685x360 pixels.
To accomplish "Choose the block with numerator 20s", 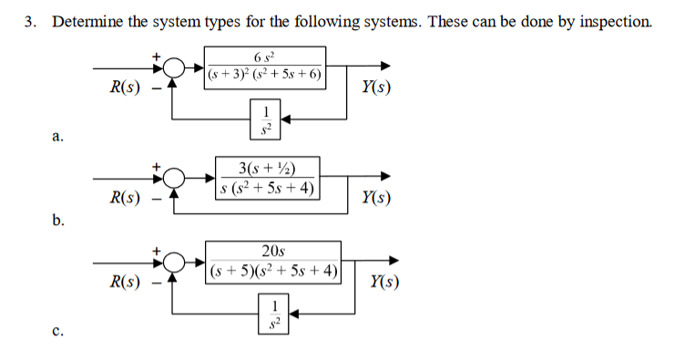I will (273, 262).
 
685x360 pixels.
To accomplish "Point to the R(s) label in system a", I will (124, 87).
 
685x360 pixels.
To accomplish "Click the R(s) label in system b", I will (124, 197).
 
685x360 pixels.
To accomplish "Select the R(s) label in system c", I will (124, 282).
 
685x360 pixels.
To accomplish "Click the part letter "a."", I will (58, 138).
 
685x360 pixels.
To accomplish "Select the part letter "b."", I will (58, 220).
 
